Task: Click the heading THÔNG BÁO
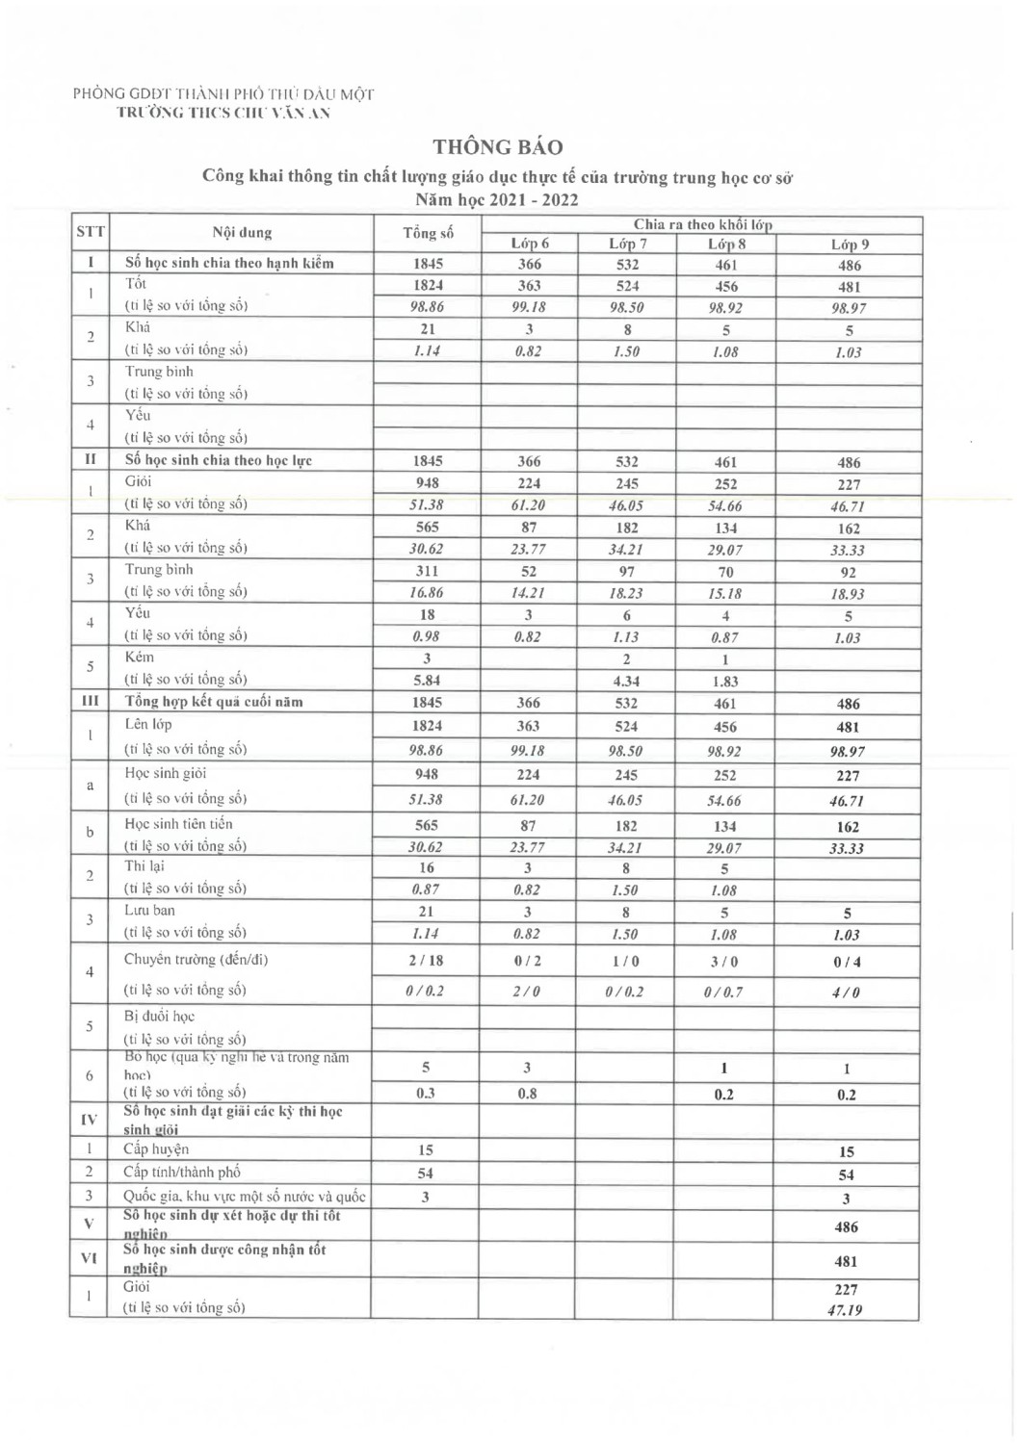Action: click(x=497, y=147)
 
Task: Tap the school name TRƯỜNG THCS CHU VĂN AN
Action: click(x=223, y=113)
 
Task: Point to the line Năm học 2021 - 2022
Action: click(x=497, y=200)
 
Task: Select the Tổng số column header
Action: click(x=427, y=233)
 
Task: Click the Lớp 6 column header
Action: click(x=530, y=244)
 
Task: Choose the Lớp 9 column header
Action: click(x=849, y=245)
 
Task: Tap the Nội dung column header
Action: click(x=242, y=232)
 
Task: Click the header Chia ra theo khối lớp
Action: click(x=702, y=224)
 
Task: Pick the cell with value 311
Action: click(x=427, y=571)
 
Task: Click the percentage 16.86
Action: click(x=427, y=593)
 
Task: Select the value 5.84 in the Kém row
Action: click(x=427, y=681)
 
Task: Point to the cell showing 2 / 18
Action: click(x=426, y=960)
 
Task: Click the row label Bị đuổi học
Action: click(x=159, y=1016)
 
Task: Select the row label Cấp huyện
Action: click(x=156, y=1148)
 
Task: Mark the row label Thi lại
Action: click(x=144, y=866)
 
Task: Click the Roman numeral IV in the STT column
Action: click(x=89, y=1119)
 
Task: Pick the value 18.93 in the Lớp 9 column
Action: click(x=847, y=594)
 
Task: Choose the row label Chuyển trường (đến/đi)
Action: click(x=196, y=959)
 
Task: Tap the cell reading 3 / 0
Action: click(x=724, y=961)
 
